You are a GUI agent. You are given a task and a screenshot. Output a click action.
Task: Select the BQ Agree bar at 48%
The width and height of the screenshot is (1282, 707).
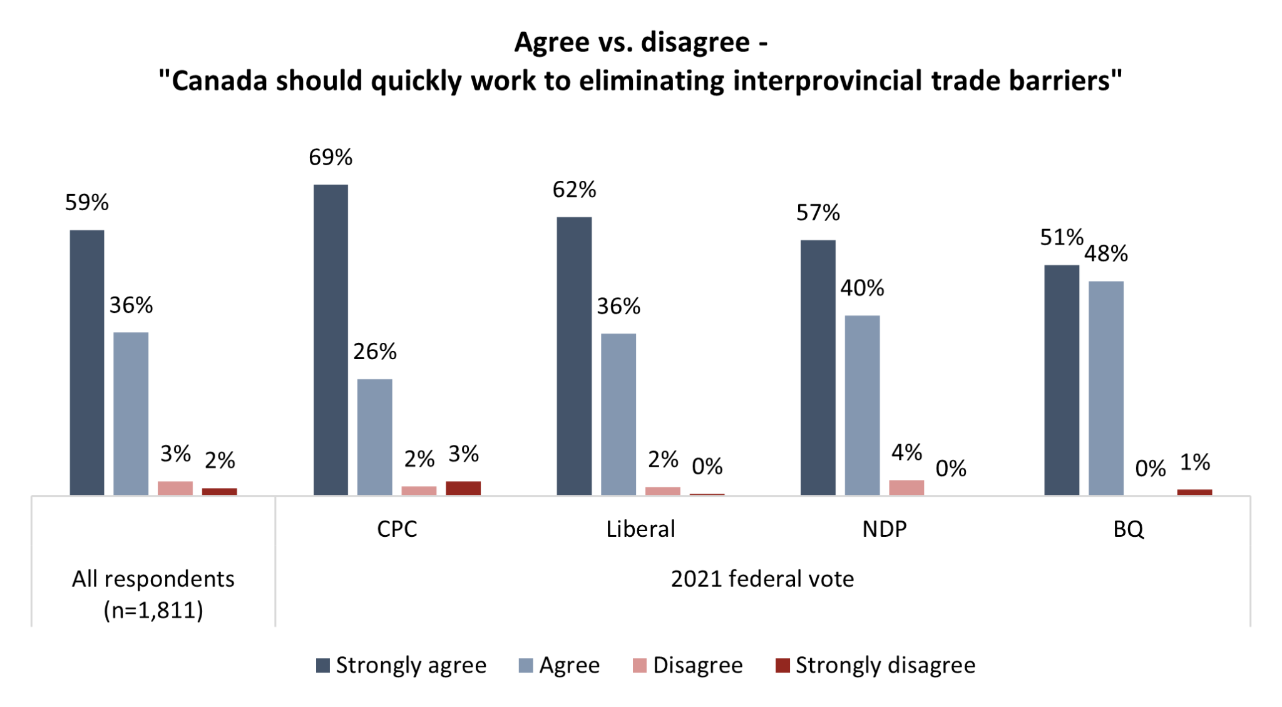coord(1105,388)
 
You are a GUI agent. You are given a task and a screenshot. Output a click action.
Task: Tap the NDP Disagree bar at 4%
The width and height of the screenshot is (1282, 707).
coord(906,487)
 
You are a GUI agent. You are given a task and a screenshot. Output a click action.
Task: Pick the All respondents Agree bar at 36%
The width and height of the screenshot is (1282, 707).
coord(131,414)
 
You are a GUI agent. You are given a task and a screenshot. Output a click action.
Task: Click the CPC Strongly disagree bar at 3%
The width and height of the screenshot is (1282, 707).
coord(463,488)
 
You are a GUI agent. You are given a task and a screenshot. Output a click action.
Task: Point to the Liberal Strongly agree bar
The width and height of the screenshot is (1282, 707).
coord(574,356)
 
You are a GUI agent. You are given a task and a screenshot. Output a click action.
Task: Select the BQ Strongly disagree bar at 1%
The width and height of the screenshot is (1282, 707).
coord(1194,492)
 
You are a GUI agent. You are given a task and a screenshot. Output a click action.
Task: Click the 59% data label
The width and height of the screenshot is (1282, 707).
coord(87,203)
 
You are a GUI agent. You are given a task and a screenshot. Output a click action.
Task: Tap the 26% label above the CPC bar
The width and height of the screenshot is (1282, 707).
coord(374,352)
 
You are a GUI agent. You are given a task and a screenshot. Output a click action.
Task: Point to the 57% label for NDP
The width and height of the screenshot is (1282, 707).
coord(818,213)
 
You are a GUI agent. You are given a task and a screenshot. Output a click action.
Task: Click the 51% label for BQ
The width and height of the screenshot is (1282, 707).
coord(1061,237)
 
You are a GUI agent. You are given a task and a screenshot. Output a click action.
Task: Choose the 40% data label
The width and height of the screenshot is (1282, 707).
coord(862,288)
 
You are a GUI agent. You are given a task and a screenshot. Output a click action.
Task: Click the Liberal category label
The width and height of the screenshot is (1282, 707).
coord(640,529)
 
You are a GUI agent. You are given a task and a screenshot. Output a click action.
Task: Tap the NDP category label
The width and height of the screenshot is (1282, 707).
coord(884,529)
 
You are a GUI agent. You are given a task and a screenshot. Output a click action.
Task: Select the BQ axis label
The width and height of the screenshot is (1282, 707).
coord(1128,529)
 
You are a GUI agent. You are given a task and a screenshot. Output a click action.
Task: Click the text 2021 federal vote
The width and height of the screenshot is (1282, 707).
coord(762,579)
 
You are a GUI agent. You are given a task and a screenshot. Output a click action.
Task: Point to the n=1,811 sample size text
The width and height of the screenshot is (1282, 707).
coord(153,610)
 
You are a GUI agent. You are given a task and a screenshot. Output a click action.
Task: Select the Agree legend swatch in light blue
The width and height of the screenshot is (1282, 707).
coord(526,666)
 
